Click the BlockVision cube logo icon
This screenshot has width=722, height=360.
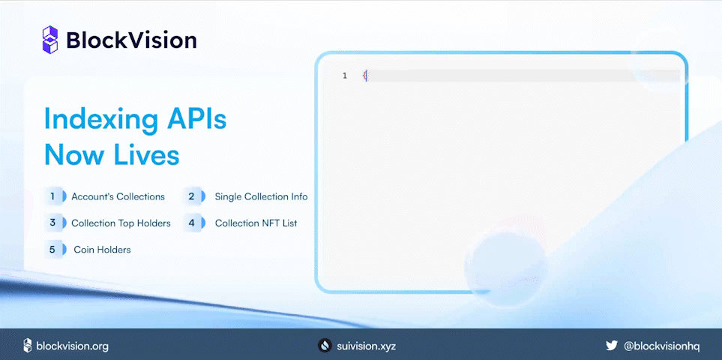click(49, 40)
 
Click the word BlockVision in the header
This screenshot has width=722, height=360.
click(131, 40)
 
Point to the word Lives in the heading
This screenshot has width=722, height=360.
click(146, 154)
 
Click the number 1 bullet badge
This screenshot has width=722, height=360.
click(53, 196)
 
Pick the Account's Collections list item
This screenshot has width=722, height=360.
click(118, 196)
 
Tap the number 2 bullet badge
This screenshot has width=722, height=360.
click(192, 196)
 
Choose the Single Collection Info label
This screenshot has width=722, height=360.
click(261, 196)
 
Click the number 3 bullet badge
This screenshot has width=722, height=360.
click(53, 223)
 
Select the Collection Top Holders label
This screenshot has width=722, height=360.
click(121, 223)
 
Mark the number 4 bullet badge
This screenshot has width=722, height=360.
click(192, 223)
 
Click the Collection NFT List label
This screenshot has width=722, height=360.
click(256, 223)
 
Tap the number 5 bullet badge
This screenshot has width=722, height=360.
click(53, 249)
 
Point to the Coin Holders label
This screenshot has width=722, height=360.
click(102, 249)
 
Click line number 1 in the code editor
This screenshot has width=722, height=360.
click(345, 76)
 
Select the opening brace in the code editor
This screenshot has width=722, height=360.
click(365, 76)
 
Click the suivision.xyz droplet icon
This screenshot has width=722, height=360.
click(325, 346)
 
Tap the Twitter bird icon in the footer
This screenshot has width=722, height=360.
click(612, 346)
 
